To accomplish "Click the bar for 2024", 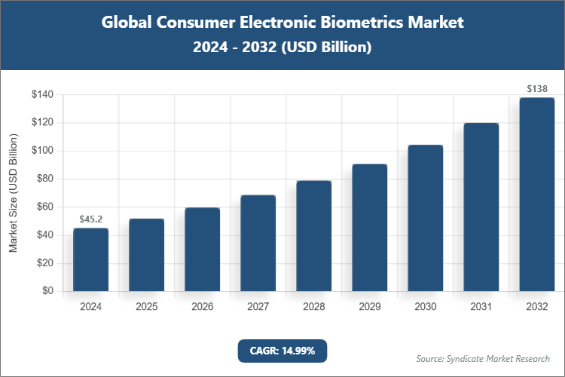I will pos(90,259).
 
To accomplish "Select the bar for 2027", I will pos(258,243).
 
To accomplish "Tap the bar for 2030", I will pos(425,218).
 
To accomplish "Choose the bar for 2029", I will pos(369,227).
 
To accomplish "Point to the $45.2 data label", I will pos(90,219).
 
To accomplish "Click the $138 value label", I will pos(536,89).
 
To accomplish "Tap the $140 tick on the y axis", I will pos(41,95).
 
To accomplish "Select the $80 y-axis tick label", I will pos(44,179).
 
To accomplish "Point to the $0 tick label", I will pos(47,291).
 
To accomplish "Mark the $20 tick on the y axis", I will pos(44,263).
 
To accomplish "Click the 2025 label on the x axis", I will pos(146,308).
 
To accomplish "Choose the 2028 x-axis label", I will pos(313,308).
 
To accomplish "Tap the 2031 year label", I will pos(481,308).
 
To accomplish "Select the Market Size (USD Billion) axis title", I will pos(13,193).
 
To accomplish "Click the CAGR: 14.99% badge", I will pos(282,351).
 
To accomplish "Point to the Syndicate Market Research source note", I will pos(483,358).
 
